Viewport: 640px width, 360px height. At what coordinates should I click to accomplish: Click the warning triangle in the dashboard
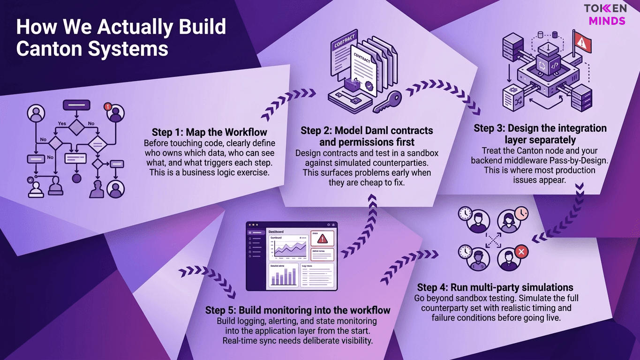tap(322, 239)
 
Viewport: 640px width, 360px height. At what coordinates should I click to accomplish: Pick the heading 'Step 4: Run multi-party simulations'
tap(495, 287)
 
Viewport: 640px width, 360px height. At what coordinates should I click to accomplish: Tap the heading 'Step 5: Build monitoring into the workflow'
tap(298, 310)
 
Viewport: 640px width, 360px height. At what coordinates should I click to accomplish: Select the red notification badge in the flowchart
tap(109, 106)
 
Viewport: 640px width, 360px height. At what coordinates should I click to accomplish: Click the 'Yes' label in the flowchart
tap(61, 124)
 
